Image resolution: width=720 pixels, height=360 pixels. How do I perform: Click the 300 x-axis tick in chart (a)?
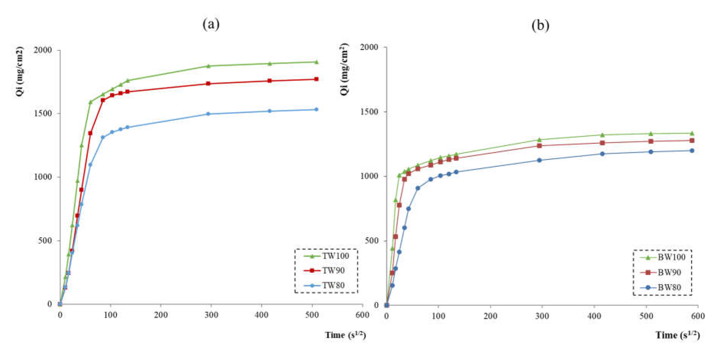(x=211, y=315)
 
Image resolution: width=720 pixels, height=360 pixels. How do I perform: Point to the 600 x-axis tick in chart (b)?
(x=698, y=316)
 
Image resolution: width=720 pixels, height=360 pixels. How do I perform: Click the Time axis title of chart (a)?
(x=345, y=335)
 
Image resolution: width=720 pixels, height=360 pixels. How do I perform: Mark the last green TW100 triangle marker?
(x=316, y=62)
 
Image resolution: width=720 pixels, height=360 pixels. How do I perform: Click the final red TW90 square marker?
(x=316, y=79)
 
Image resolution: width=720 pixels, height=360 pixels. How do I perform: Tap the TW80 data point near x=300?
(x=208, y=114)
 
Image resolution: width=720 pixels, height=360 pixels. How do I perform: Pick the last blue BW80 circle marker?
(x=692, y=151)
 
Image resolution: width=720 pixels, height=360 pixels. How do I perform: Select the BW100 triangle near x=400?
(x=602, y=135)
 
